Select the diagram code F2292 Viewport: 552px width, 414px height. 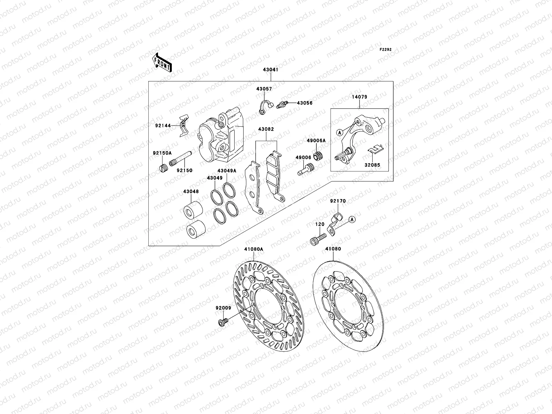pos(386,50)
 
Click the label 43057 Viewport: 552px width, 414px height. pos(264,89)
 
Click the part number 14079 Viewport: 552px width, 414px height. pos(359,97)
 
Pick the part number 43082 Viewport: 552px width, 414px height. pos(266,129)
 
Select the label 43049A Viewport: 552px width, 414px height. pos(227,171)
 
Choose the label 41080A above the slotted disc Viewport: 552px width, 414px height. pos(254,249)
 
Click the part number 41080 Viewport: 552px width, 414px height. pos(333,249)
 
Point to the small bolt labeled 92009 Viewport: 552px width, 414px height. pos(223,323)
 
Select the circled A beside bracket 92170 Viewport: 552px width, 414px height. pos(352,219)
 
